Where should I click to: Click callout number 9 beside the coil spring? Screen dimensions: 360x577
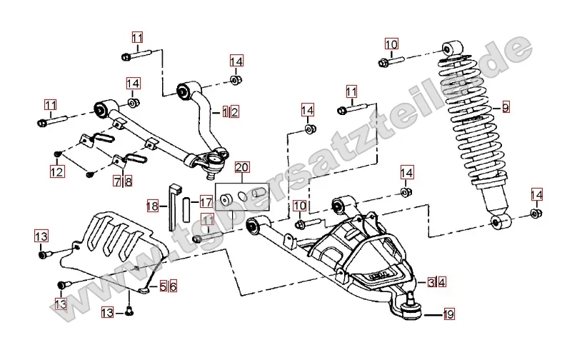tap(506, 108)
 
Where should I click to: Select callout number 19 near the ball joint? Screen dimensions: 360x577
tap(448, 313)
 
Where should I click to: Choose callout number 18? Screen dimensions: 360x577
tap(152, 206)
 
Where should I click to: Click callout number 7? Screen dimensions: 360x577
tap(117, 181)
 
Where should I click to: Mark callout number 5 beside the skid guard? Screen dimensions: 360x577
tap(163, 286)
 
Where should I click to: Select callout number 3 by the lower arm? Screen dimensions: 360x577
tap(431, 282)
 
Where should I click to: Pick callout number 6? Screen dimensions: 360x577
tap(173, 286)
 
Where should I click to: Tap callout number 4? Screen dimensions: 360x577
tap(442, 282)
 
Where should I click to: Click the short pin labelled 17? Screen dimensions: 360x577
tap(186, 208)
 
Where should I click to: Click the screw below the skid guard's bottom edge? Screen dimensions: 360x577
tap(129, 311)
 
